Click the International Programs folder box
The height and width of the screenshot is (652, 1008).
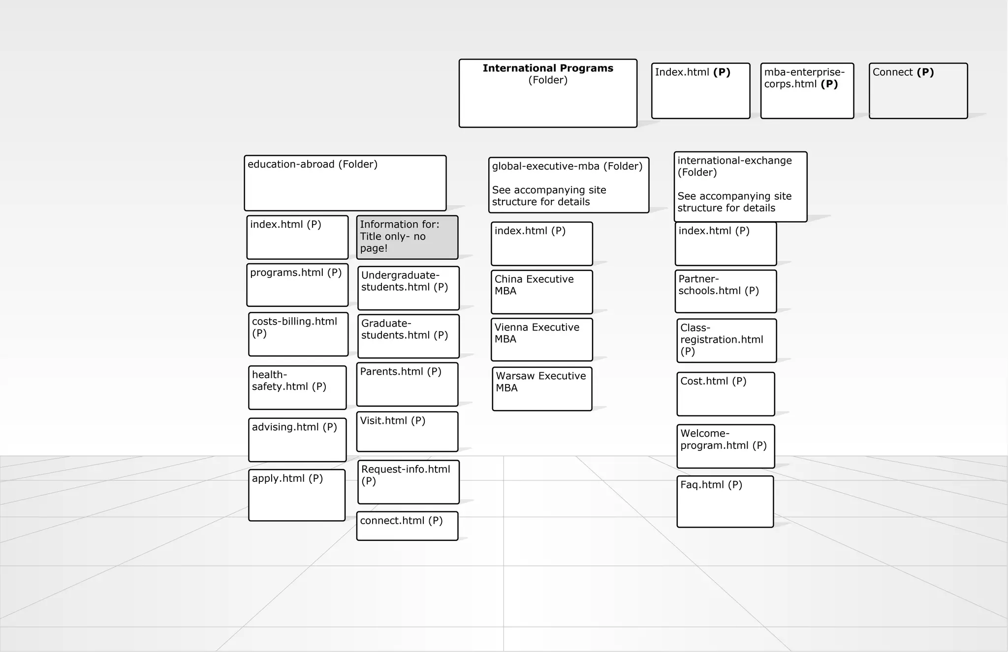[x=548, y=93]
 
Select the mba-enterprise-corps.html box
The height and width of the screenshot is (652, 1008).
[x=807, y=91]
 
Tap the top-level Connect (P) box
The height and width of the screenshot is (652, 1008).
[x=918, y=91]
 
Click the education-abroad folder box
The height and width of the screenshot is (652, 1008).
[x=345, y=183]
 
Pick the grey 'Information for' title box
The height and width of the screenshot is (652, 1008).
[x=407, y=237]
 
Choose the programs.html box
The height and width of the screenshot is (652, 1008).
[x=297, y=285]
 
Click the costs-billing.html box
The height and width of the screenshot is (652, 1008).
[x=298, y=334]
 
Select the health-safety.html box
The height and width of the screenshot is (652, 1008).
[x=297, y=387]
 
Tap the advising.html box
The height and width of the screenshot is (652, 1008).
[x=297, y=440]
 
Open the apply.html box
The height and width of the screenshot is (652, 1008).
[x=297, y=495]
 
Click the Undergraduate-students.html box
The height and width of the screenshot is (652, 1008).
[x=409, y=288]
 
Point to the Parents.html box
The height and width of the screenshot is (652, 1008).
[x=407, y=385]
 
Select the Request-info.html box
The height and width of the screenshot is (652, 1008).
[x=409, y=482]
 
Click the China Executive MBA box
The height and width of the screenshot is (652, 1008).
[x=541, y=292]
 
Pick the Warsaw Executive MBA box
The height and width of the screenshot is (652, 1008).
[x=542, y=389]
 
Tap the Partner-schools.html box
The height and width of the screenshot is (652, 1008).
[x=725, y=291]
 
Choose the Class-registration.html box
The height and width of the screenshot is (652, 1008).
[x=726, y=341]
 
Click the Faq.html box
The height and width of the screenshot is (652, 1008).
[x=725, y=502]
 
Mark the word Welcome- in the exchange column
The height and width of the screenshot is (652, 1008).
[x=705, y=434]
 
